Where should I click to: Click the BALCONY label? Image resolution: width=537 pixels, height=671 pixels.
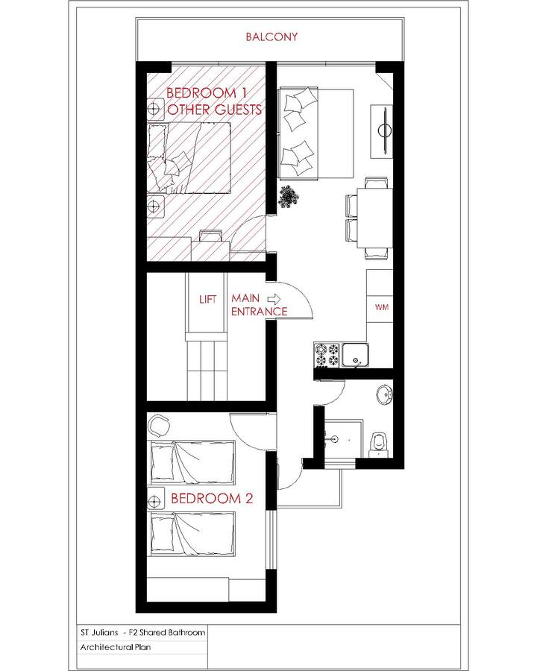[x=272, y=36]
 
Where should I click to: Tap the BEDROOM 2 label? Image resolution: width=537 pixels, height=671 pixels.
[x=207, y=499]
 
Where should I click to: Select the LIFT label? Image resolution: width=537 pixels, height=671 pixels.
[x=207, y=300]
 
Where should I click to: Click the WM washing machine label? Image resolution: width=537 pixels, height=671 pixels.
[x=381, y=307]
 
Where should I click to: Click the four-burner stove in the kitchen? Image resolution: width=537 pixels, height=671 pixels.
[x=326, y=355]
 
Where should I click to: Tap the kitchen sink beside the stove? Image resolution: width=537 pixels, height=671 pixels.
[x=355, y=355]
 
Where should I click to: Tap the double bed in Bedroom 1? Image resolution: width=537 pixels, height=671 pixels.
[x=194, y=159]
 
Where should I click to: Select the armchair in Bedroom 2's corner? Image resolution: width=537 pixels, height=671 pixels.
[x=159, y=426]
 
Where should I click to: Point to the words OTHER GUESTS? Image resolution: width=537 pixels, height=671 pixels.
[x=215, y=110]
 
